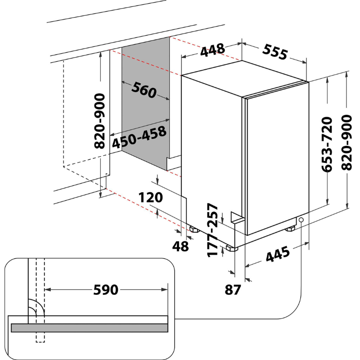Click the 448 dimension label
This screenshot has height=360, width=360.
coord(212,50)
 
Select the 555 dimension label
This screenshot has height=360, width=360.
coord(275,52)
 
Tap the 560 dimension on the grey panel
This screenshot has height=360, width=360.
coord(144,90)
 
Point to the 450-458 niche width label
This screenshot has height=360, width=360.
coord(139,137)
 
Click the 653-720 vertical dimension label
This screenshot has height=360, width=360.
coord(327,144)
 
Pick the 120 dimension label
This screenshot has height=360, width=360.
coord(151,198)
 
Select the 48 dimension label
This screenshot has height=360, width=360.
coord(180,246)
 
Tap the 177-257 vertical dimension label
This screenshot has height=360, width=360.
coord(212,230)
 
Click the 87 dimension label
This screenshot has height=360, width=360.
coord(233,290)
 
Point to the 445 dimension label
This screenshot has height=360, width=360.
coord(278,254)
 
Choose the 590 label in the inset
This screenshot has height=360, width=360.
coord(106,290)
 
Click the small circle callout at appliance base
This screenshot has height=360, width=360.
coord(301,220)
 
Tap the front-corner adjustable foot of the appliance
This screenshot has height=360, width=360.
coord(231,248)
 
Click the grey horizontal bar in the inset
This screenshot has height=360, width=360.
coord(89,328)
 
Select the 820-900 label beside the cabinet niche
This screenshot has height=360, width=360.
coord(99,121)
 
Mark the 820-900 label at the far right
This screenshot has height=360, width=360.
coord(346,143)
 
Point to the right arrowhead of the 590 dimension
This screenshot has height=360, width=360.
coord(165,289)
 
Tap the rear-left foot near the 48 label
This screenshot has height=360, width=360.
coord(195,229)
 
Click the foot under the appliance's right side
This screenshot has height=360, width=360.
coord(290,229)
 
